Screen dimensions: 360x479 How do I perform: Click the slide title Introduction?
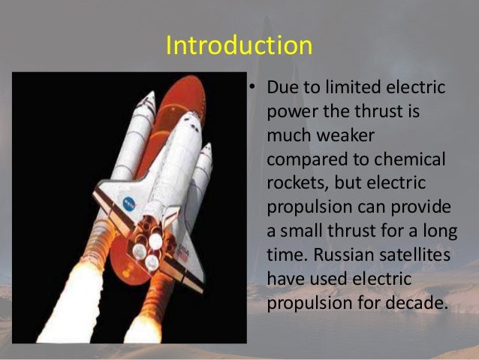tap(239, 46)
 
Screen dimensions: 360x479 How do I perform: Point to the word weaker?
tap(342, 137)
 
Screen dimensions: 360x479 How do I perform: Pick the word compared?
tap(309, 161)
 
